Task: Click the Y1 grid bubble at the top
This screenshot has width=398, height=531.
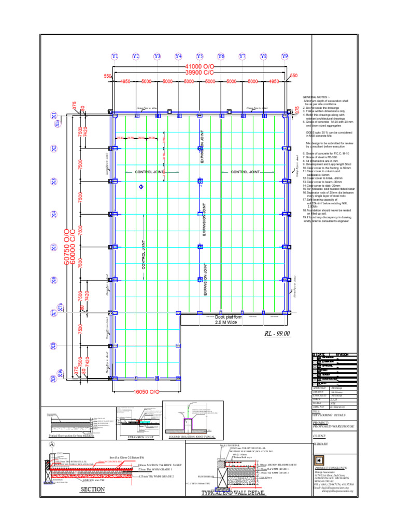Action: point(115,56)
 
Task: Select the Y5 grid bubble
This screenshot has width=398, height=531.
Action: point(200,56)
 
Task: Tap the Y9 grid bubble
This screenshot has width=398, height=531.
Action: point(285,56)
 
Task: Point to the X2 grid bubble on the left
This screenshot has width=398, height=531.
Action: point(54,148)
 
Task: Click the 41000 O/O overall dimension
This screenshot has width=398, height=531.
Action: point(200,67)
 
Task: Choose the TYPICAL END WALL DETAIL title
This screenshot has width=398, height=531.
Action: point(233,508)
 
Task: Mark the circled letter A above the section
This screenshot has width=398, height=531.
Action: point(51,444)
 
